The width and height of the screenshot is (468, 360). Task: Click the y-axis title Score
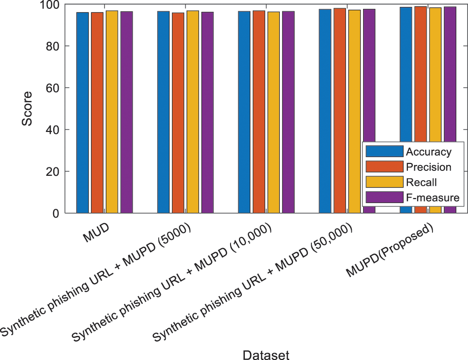pyautogui.click(x=28, y=108)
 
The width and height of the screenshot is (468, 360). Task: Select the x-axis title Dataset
pyautogui.click(x=266, y=354)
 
